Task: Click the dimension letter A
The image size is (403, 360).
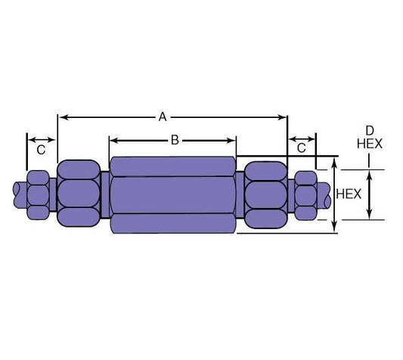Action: [162, 116]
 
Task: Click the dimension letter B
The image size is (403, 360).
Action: [174, 139]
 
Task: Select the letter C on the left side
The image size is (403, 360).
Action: [41, 150]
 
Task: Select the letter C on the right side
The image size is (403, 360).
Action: [302, 148]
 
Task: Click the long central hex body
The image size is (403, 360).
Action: [173, 194]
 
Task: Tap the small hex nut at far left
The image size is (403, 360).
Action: [38, 194]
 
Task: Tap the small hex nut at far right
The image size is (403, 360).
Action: [305, 194]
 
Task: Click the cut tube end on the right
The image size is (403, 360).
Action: [325, 195]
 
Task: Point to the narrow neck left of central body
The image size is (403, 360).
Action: [104, 194]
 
